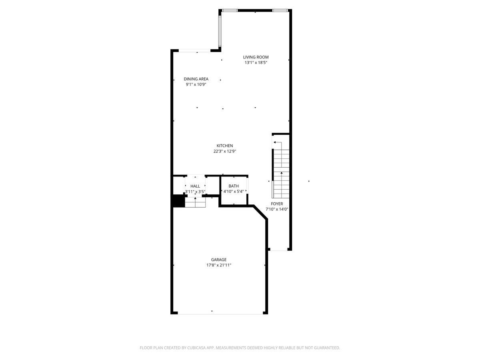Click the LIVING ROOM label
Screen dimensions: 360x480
[256, 57]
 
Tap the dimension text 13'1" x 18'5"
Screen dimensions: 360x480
[256, 63]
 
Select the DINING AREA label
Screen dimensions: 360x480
[196, 79]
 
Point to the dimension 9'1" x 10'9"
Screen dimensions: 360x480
[196, 84]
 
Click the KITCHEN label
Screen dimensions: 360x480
[225, 146]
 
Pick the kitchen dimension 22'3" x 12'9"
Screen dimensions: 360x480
[225, 152]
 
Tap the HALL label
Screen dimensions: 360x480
[195, 186]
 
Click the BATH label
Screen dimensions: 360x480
[234, 186]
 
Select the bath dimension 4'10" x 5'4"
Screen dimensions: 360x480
[234, 192]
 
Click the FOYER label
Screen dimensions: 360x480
[277, 204]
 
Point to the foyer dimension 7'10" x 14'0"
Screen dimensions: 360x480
[277, 209]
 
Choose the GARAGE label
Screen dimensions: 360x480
[219, 260]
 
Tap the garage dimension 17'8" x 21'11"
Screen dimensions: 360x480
[219, 265]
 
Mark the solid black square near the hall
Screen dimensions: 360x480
[178, 202]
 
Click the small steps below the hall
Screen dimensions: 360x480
[195, 203]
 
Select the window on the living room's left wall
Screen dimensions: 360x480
[220, 31]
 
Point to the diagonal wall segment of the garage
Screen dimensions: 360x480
[260, 212]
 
